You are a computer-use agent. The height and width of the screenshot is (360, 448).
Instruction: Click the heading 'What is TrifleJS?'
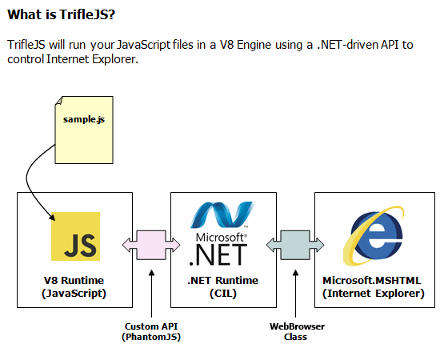click(x=61, y=14)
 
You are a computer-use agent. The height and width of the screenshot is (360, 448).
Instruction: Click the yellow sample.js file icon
click(x=84, y=130)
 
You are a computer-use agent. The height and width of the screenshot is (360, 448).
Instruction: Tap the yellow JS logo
click(x=75, y=236)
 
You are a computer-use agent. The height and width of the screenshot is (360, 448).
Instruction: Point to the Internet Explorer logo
click(x=374, y=236)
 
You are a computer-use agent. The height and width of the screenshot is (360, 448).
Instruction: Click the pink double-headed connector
click(x=151, y=245)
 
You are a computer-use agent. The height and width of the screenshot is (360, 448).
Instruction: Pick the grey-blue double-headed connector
click(x=295, y=245)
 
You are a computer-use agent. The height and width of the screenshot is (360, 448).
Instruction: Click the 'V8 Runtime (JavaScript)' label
click(x=74, y=287)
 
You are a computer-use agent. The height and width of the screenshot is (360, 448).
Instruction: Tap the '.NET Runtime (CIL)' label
click(x=223, y=287)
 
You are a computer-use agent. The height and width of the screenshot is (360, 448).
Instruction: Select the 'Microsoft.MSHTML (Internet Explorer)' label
click(x=373, y=287)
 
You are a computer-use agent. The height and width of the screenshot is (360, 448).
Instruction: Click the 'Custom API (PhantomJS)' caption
click(x=151, y=332)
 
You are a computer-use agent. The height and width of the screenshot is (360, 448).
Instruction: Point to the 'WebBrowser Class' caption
click(x=297, y=332)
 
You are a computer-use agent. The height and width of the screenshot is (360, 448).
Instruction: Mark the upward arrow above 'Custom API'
click(x=152, y=294)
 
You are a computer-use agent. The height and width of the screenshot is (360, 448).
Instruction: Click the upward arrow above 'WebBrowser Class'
click(x=296, y=294)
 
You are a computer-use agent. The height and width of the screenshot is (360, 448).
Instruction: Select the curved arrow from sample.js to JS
click(x=29, y=180)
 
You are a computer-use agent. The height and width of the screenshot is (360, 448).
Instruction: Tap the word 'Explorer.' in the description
click(x=115, y=59)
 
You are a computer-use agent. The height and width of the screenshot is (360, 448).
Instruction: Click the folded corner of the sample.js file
click(x=58, y=101)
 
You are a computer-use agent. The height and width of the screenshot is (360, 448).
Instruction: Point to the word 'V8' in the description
click(x=226, y=45)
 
